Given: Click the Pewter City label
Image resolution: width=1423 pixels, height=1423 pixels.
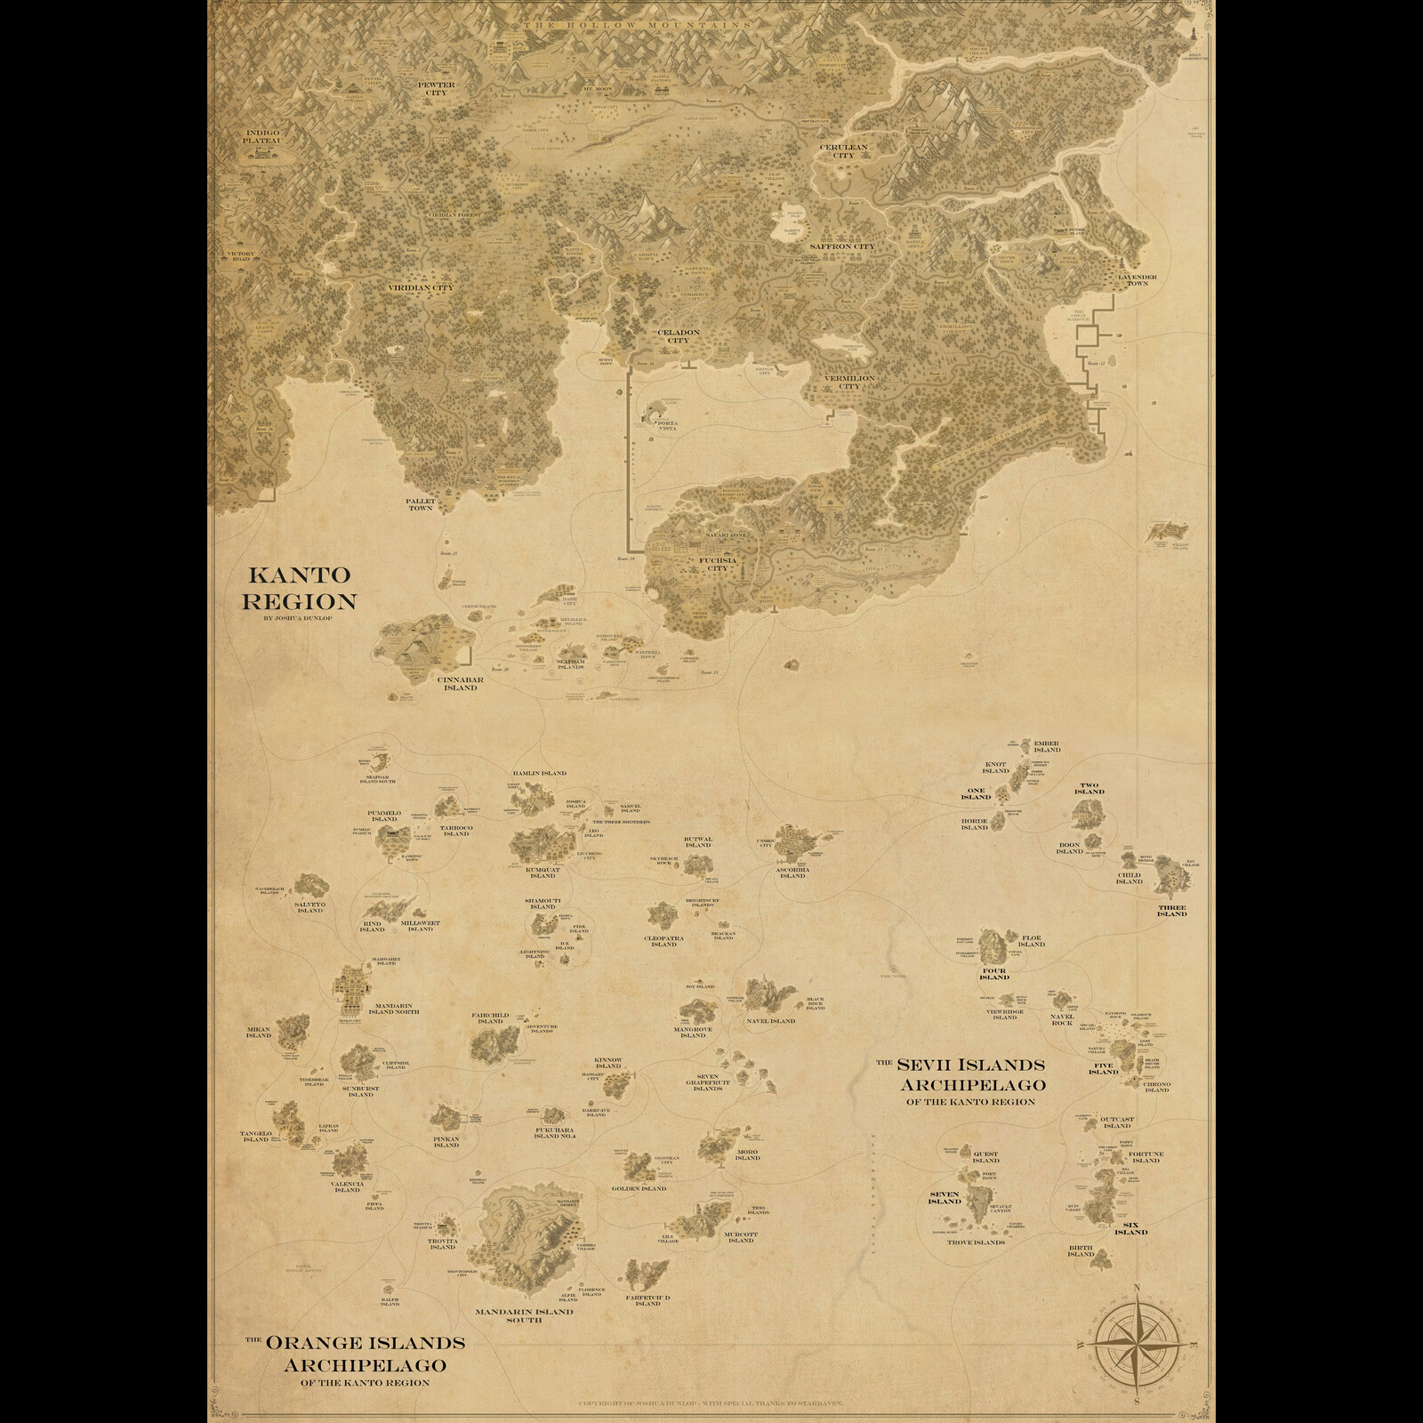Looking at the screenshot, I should click(x=436, y=88).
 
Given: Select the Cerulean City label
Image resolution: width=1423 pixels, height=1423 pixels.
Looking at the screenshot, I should click(x=843, y=150).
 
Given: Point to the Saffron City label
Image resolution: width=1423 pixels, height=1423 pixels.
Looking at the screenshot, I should click(x=841, y=246).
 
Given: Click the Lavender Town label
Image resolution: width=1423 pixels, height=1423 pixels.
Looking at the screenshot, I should click(x=1138, y=280).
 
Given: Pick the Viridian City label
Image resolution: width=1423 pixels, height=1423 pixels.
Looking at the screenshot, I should click(x=421, y=288).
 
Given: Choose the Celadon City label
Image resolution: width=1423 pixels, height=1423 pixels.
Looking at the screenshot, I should click(x=679, y=336).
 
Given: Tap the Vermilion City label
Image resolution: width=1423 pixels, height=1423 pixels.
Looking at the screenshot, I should click(x=849, y=382).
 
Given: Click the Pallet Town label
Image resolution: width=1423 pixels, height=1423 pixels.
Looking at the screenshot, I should click(x=421, y=504).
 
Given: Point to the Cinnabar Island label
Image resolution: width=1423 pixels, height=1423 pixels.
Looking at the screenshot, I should click(x=460, y=683).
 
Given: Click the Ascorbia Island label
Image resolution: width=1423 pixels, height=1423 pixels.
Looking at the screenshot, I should click(x=792, y=871).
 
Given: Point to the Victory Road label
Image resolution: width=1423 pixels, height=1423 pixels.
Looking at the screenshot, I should click(x=241, y=257).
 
